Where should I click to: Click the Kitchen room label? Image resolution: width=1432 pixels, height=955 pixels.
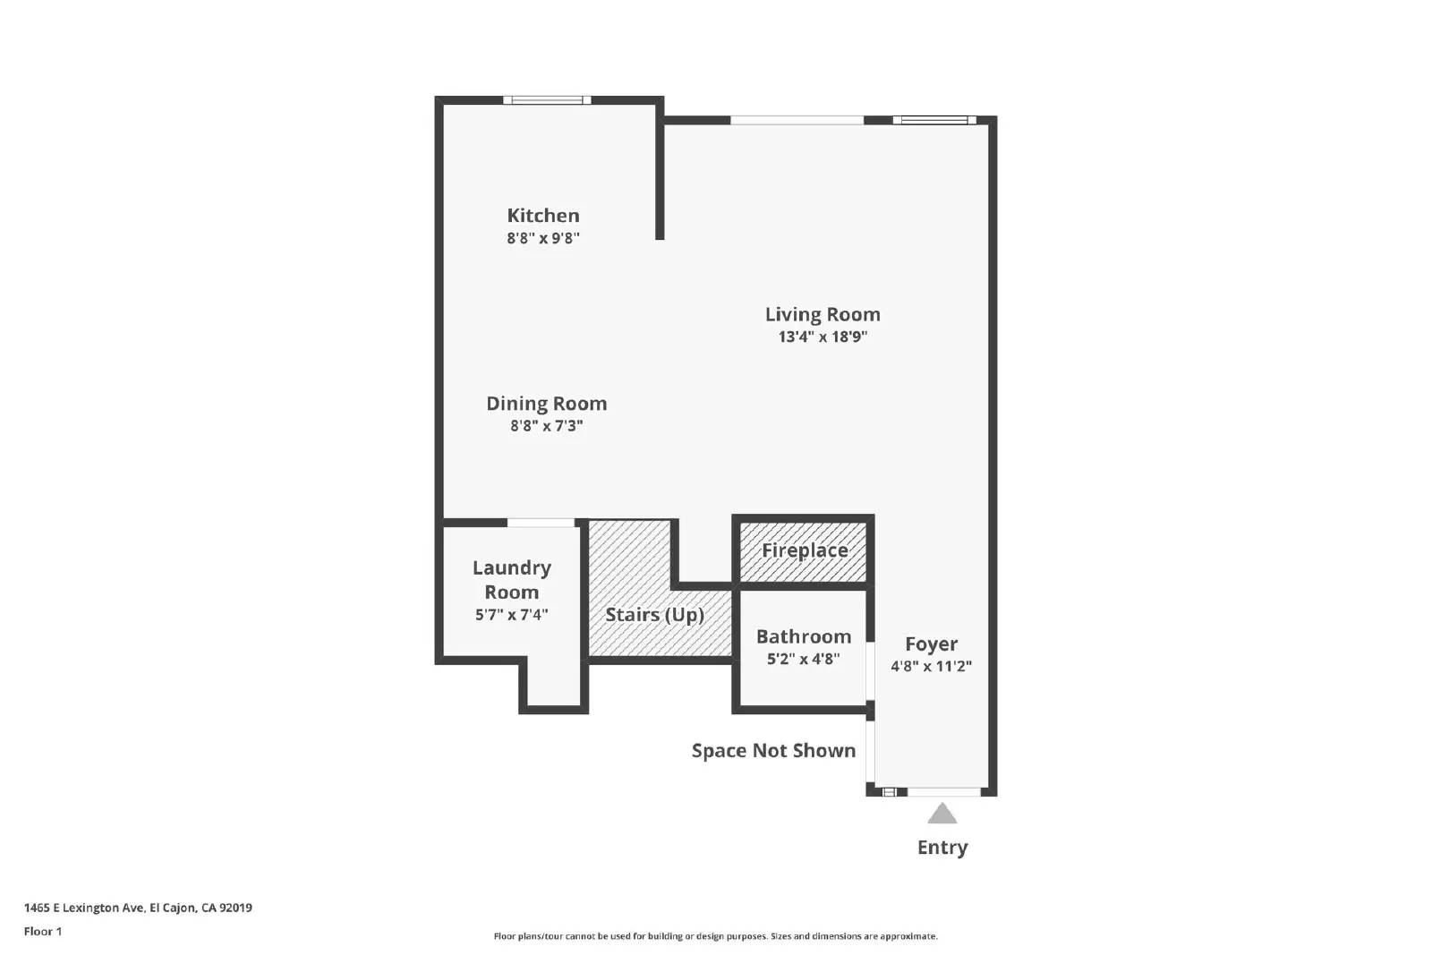pyautogui.click(x=542, y=216)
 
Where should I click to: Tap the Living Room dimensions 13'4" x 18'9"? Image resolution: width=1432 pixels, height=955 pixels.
pyautogui.click(x=823, y=337)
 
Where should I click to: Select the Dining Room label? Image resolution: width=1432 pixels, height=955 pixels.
pyautogui.click(x=546, y=404)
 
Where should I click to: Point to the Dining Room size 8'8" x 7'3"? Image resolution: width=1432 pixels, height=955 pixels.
pyautogui.click(x=546, y=426)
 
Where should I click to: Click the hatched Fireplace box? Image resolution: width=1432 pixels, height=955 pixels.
pyautogui.click(x=804, y=550)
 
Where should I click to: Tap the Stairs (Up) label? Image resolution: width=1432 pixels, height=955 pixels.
pyautogui.click(x=654, y=615)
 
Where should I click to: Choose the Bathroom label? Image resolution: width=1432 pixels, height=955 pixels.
pyautogui.click(x=803, y=636)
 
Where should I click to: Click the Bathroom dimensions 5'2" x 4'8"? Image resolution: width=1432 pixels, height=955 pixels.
pyautogui.click(x=803, y=660)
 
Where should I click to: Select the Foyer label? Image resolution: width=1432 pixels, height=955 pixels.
pyautogui.click(x=931, y=644)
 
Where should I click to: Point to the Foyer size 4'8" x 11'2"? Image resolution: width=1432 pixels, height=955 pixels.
pyautogui.click(x=931, y=666)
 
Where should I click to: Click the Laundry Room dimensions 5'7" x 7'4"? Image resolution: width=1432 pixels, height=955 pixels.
pyautogui.click(x=511, y=615)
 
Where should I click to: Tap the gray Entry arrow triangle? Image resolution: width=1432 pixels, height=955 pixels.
pyautogui.click(x=942, y=814)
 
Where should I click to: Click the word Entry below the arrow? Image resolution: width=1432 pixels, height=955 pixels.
pyautogui.click(x=942, y=848)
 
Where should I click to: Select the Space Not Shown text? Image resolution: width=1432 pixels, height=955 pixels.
pyautogui.click(x=773, y=751)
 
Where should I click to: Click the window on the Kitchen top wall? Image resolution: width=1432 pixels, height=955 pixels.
pyautogui.click(x=546, y=100)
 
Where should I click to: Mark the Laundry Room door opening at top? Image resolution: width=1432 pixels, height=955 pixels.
pyautogui.click(x=541, y=523)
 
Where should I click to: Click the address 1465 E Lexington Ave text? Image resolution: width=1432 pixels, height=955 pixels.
pyautogui.click(x=138, y=908)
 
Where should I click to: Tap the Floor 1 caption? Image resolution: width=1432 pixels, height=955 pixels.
pyautogui.click(x=43, y=932)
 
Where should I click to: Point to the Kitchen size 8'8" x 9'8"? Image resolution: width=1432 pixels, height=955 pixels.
pyautogui.click(x=542, y=238)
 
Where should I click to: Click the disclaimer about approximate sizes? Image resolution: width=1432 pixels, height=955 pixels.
pyautogui.click(x=715, y=936)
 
